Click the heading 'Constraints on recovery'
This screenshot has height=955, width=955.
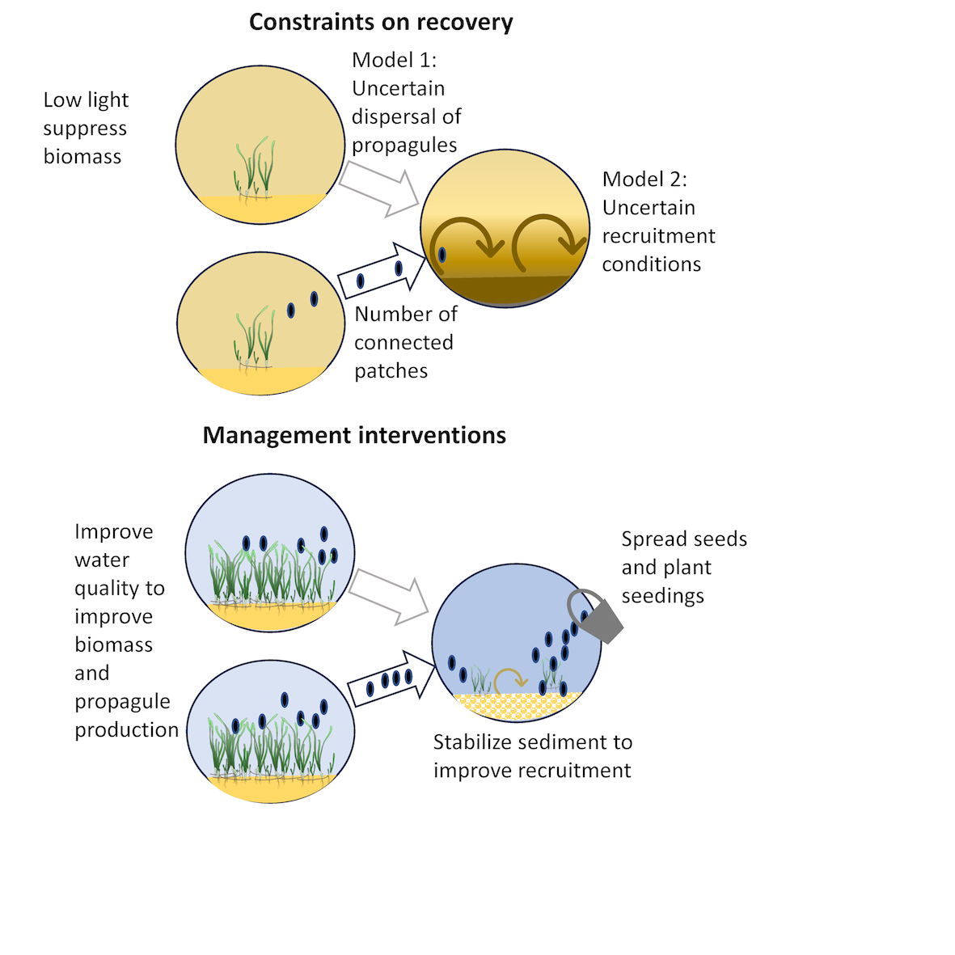click(381, 23)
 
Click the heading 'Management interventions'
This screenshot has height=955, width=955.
click(354, 436)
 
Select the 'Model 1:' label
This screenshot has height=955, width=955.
click(395, 61)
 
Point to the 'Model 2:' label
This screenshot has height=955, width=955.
click(644, 180)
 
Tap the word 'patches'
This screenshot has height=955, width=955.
click(391, 371)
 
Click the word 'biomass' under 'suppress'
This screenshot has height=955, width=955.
click(82, 157)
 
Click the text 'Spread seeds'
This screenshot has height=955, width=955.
click(684, 539)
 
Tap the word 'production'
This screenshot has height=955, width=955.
click(127, 730)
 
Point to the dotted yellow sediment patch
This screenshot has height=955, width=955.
click(518, 705)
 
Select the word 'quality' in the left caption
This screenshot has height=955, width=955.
click(120, 589)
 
